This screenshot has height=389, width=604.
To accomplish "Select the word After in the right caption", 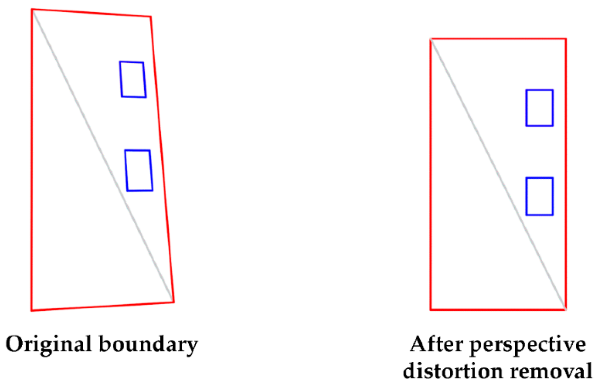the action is pyautogui.click(x=435, y=344).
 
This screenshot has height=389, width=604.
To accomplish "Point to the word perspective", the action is pyautogui.click(x=527, y=345).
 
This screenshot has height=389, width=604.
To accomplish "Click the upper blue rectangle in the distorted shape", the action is pyautogui.click(x=133, y=80).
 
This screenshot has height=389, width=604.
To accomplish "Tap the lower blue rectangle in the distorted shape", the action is pyautogui.click(x=139, y=170).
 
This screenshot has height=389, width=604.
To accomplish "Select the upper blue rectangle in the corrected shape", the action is pyautogui.click(x=540, y=108).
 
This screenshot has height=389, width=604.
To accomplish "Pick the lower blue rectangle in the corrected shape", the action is pyautogui.click(x=540, y=196).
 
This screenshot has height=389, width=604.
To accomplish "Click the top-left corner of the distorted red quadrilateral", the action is pyautogui.click(x=32, y=10).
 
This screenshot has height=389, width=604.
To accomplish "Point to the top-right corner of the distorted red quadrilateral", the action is pyautogui.click(x=151, y=17).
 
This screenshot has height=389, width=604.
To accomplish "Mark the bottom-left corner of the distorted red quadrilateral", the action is pyautogui.click(x=31, y=310).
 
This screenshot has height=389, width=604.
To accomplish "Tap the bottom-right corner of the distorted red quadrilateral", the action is pyautogui.click(x=174, y=302).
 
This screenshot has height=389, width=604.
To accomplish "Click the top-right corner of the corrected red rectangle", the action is pyautogui.click(x=565, y=39).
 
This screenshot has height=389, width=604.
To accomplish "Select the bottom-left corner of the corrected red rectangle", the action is pyautogui.click(x=431, y=310).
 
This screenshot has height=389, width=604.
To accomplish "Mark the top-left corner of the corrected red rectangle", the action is pyautogui.click(x=431, y=39).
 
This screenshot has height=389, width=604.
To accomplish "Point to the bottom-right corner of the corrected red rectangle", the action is pyautogui.click(x=565, y=310).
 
